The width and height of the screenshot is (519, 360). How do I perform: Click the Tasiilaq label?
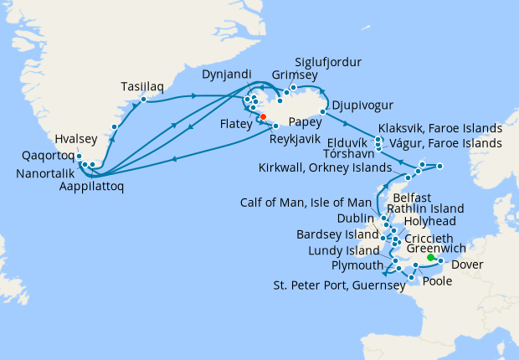pos(143,86)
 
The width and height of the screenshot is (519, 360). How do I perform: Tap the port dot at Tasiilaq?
pos(144,100)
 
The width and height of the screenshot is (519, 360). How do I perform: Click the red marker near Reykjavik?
pos(262,117)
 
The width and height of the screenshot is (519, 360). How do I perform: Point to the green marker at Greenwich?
pos(430,257)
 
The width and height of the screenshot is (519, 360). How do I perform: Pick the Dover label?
pos(467,266)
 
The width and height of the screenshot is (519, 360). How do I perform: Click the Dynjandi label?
pos(226,75)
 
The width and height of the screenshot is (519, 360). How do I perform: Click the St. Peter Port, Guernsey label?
pos(339,285)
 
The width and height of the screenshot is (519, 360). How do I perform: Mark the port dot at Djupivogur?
pos(322,111)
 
